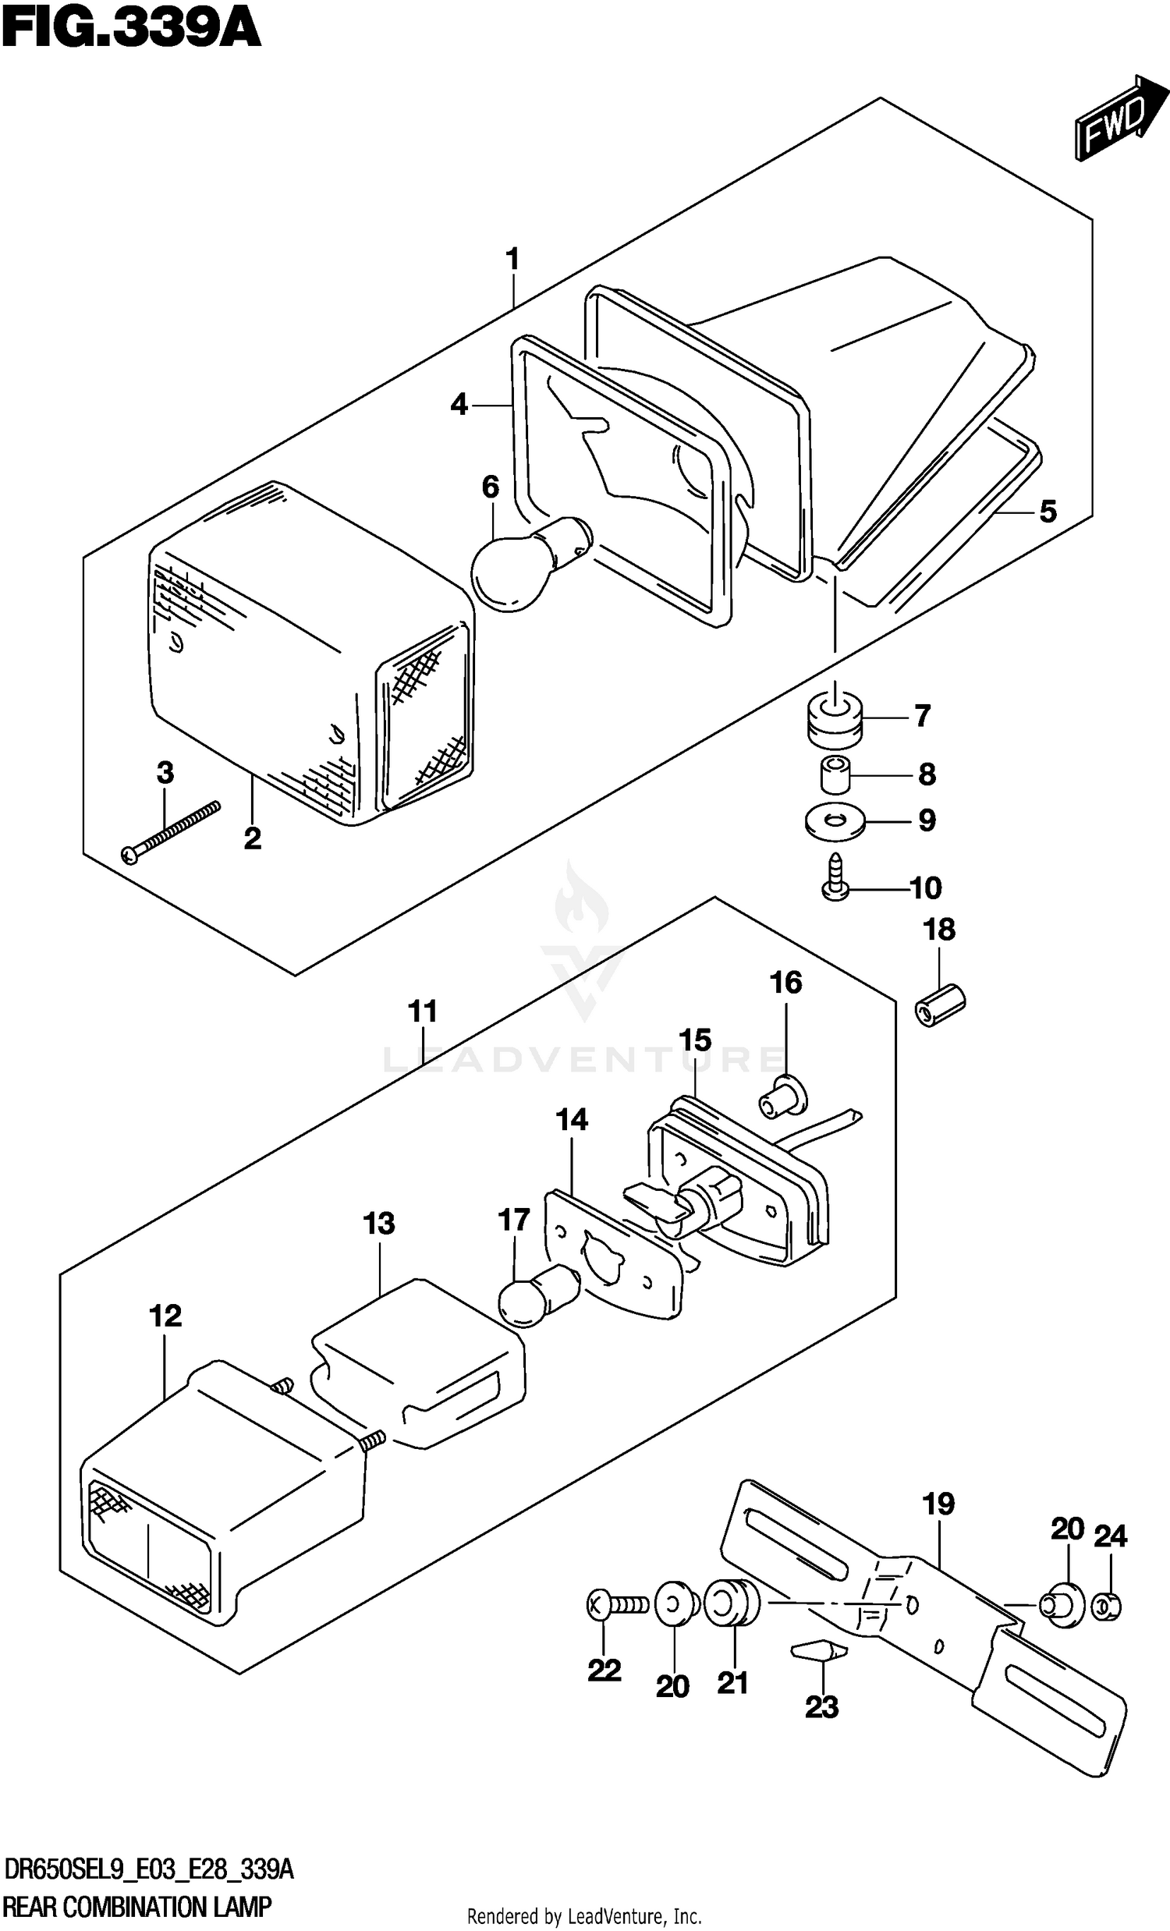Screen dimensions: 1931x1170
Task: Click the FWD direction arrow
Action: (1112, 119)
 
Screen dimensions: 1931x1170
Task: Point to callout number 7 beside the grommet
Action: (923, 715)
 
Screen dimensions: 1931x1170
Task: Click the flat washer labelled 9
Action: (835, 820)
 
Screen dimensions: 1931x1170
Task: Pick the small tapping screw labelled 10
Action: (835, 877)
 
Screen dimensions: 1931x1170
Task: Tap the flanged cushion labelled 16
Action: (782, 1095)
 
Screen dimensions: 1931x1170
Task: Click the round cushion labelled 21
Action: (732, 1603)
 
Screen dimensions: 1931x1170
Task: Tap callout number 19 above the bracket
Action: (939, 1504)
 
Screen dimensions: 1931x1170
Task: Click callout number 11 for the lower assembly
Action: (423, 1011)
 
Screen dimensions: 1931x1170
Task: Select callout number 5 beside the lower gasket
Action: (1048, 512)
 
